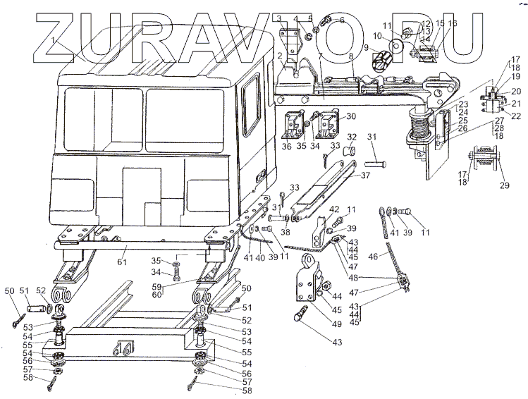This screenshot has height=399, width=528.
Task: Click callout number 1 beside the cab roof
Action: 53,40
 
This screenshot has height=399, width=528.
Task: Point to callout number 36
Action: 286,147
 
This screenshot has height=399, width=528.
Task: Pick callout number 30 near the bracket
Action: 351,117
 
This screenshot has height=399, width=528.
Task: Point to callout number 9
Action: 367,48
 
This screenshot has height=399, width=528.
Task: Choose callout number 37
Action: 366,176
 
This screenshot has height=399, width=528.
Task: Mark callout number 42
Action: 334,209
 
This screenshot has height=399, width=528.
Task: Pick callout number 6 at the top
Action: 342,20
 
